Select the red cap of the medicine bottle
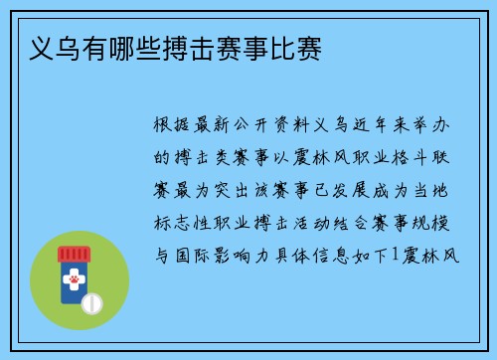(x=74, y=255)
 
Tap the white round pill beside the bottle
(x=92, y=300)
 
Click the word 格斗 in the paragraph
(x=405, y=158)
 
